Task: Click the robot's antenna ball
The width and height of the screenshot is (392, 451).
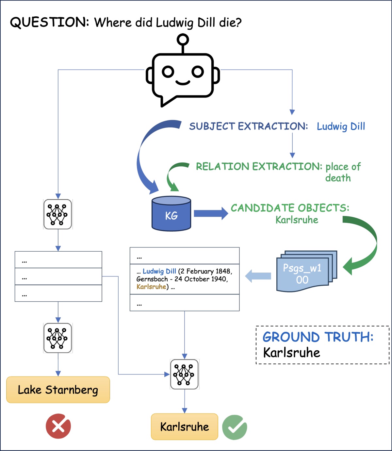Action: click(x=183, y=40)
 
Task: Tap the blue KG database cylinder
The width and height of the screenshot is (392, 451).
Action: click(x=171, y=214)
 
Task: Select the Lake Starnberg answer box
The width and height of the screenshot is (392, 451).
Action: click(x=58, y=390)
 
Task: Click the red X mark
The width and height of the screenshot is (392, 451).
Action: click(x=58, y=426)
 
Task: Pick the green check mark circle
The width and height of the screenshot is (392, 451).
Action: click(x=235, y=427)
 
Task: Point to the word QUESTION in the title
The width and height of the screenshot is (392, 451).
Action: click(x=49, y=23)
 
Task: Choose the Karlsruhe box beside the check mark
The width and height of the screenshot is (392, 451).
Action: click(x=184, y=426)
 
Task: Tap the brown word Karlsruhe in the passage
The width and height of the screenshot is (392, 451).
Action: click(x=151, y=287)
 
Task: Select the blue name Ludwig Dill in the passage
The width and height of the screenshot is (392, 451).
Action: click(x=159, y=271)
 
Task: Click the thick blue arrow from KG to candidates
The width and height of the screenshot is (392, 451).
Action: click(x=211, y=213)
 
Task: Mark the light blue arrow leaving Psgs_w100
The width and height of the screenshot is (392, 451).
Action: click(x=258, y=276)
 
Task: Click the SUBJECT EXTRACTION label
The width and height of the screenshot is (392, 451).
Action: click(x=248, y=126)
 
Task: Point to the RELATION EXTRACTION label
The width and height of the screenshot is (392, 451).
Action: click(x=259, y=167)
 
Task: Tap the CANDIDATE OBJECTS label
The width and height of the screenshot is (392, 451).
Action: click(x=290, y=208)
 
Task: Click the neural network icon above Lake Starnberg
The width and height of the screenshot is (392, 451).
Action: click(x=58, y=338)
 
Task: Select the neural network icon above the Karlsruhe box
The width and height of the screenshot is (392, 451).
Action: click(x=185, y=374)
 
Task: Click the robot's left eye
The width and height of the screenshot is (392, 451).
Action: click(x=168, y=72)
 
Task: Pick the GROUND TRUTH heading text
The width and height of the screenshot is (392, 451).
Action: click(x=318, y=337)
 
